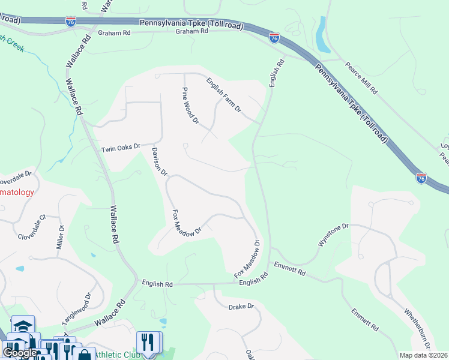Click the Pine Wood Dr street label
pyautogui.click(x=191, y=106)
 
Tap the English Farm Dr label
pyautogui.click(x=223, y=95)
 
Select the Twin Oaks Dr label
pyautogui.click(x=120, y=147)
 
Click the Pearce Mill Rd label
pyautogui.click(x=361, y=77)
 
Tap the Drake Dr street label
pyautogui.click(x=242, y=307)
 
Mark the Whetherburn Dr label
pyautogui.click(x=417, y=328)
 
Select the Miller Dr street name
pyautogui.click(x=61, y=236)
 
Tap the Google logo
pyautogui.click(x=20, y=353)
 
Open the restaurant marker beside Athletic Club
pyautogui.click(x=148, y=343)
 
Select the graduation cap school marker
pyautogui.click(x=23, y=326)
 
